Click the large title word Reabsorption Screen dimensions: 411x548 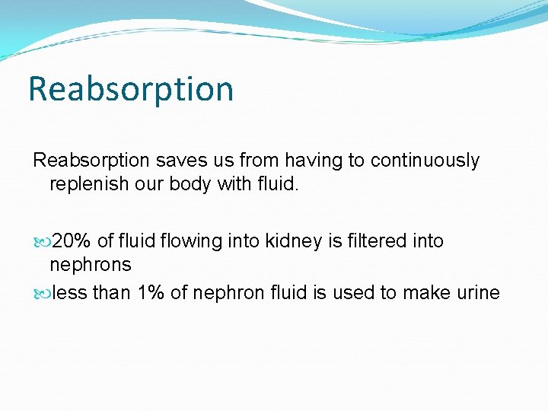[130, 89]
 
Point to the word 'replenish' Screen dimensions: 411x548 [84, 185]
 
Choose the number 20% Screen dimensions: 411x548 [72, 241]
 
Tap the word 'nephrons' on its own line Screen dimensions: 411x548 [90, 266]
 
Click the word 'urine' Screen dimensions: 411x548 [476, 293]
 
